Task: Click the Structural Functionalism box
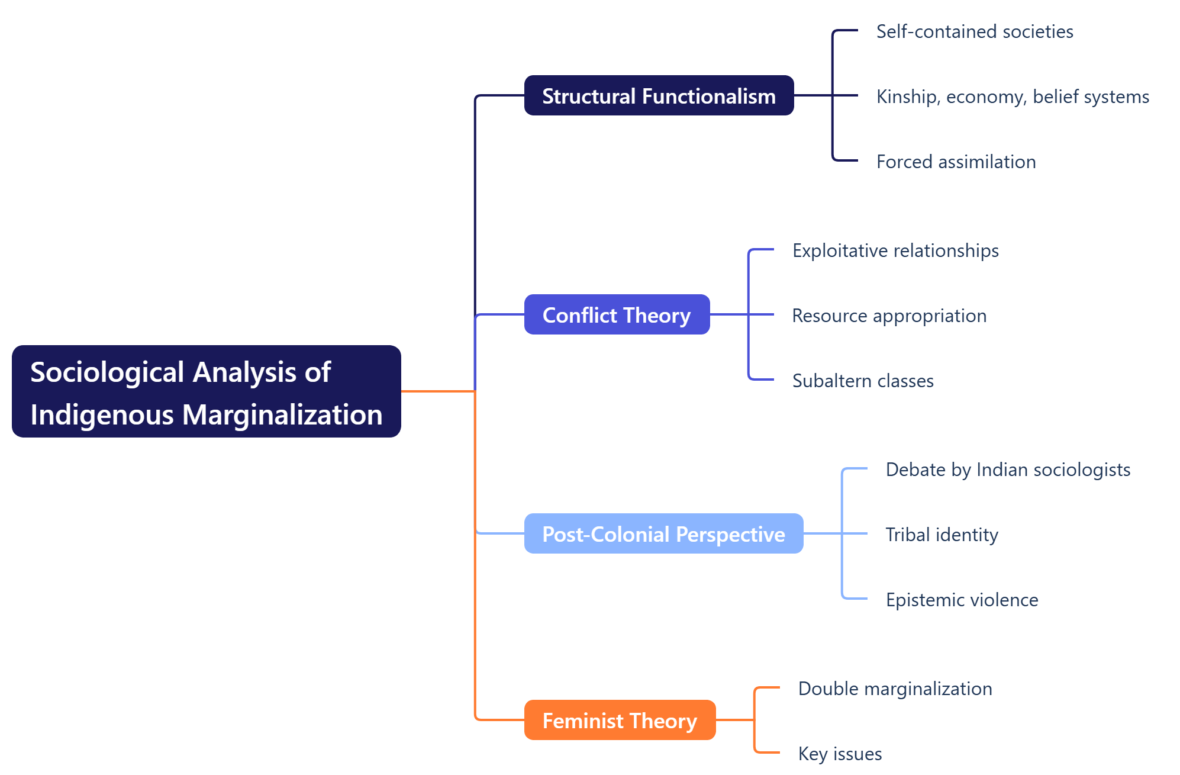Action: point(658,96)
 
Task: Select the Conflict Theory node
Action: point(616,315)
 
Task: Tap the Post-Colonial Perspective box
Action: point(663,534)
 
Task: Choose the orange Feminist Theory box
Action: point(619,721)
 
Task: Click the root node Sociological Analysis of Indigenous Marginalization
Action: point(206,392)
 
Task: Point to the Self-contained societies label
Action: point(974,31)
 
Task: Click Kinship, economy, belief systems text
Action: point(1012,97)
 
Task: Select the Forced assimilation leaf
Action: point(956,162)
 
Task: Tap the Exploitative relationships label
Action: point(895,250)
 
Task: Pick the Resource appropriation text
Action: point(889,316)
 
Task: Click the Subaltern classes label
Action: point(862,381)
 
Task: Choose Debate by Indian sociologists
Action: point(1007,469)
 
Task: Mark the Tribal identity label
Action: point(941,535)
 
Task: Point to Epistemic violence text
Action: point(962,600)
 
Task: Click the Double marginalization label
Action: point(894,689)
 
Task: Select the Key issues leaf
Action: point(839,754)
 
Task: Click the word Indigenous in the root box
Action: point(102,415)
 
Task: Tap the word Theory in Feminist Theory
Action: point(663,721)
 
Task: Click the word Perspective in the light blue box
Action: point(730,534)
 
